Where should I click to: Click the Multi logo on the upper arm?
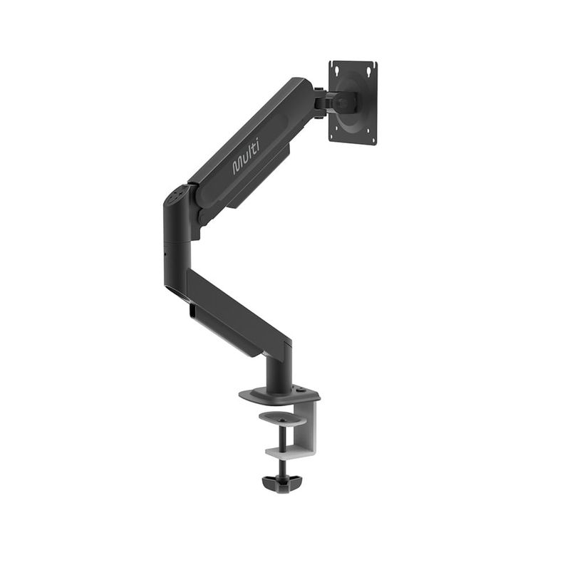tap(246, 157)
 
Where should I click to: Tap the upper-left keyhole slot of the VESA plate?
tap(337, 69)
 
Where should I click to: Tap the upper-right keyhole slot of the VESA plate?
tap(369, 69)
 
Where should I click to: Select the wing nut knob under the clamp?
tap(282, 484)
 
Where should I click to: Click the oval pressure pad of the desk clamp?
tap(283, 418)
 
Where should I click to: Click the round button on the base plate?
tap(300, 390)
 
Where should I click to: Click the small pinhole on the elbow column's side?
tap(165, 254)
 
